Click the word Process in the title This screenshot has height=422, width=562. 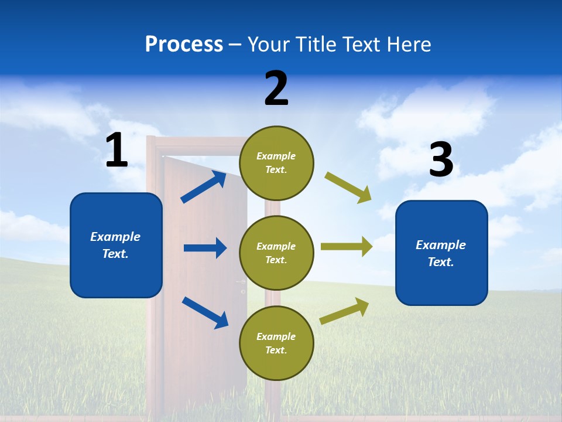click(184, 45)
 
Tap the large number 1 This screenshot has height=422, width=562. click(116, 151)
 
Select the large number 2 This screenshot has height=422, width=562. click(276, 89)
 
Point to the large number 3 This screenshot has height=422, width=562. click(441, 160)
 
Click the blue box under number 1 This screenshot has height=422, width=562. click(116, 245)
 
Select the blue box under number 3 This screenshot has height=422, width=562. click(441, 253)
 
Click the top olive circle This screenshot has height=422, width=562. click(276, 163)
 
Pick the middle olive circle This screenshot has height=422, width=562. click(276, 253)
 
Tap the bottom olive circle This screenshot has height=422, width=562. click(276, 343)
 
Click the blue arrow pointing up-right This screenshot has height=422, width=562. click(204, 186)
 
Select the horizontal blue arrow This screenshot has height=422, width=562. click(205, 248)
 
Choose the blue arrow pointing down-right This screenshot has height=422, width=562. click(205, 312)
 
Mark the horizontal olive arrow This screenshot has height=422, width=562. click(347, 246)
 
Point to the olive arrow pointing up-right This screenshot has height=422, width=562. click(345, 311)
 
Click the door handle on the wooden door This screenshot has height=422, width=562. click(241, 283)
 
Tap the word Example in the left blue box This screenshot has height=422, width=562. click(115, 237)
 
